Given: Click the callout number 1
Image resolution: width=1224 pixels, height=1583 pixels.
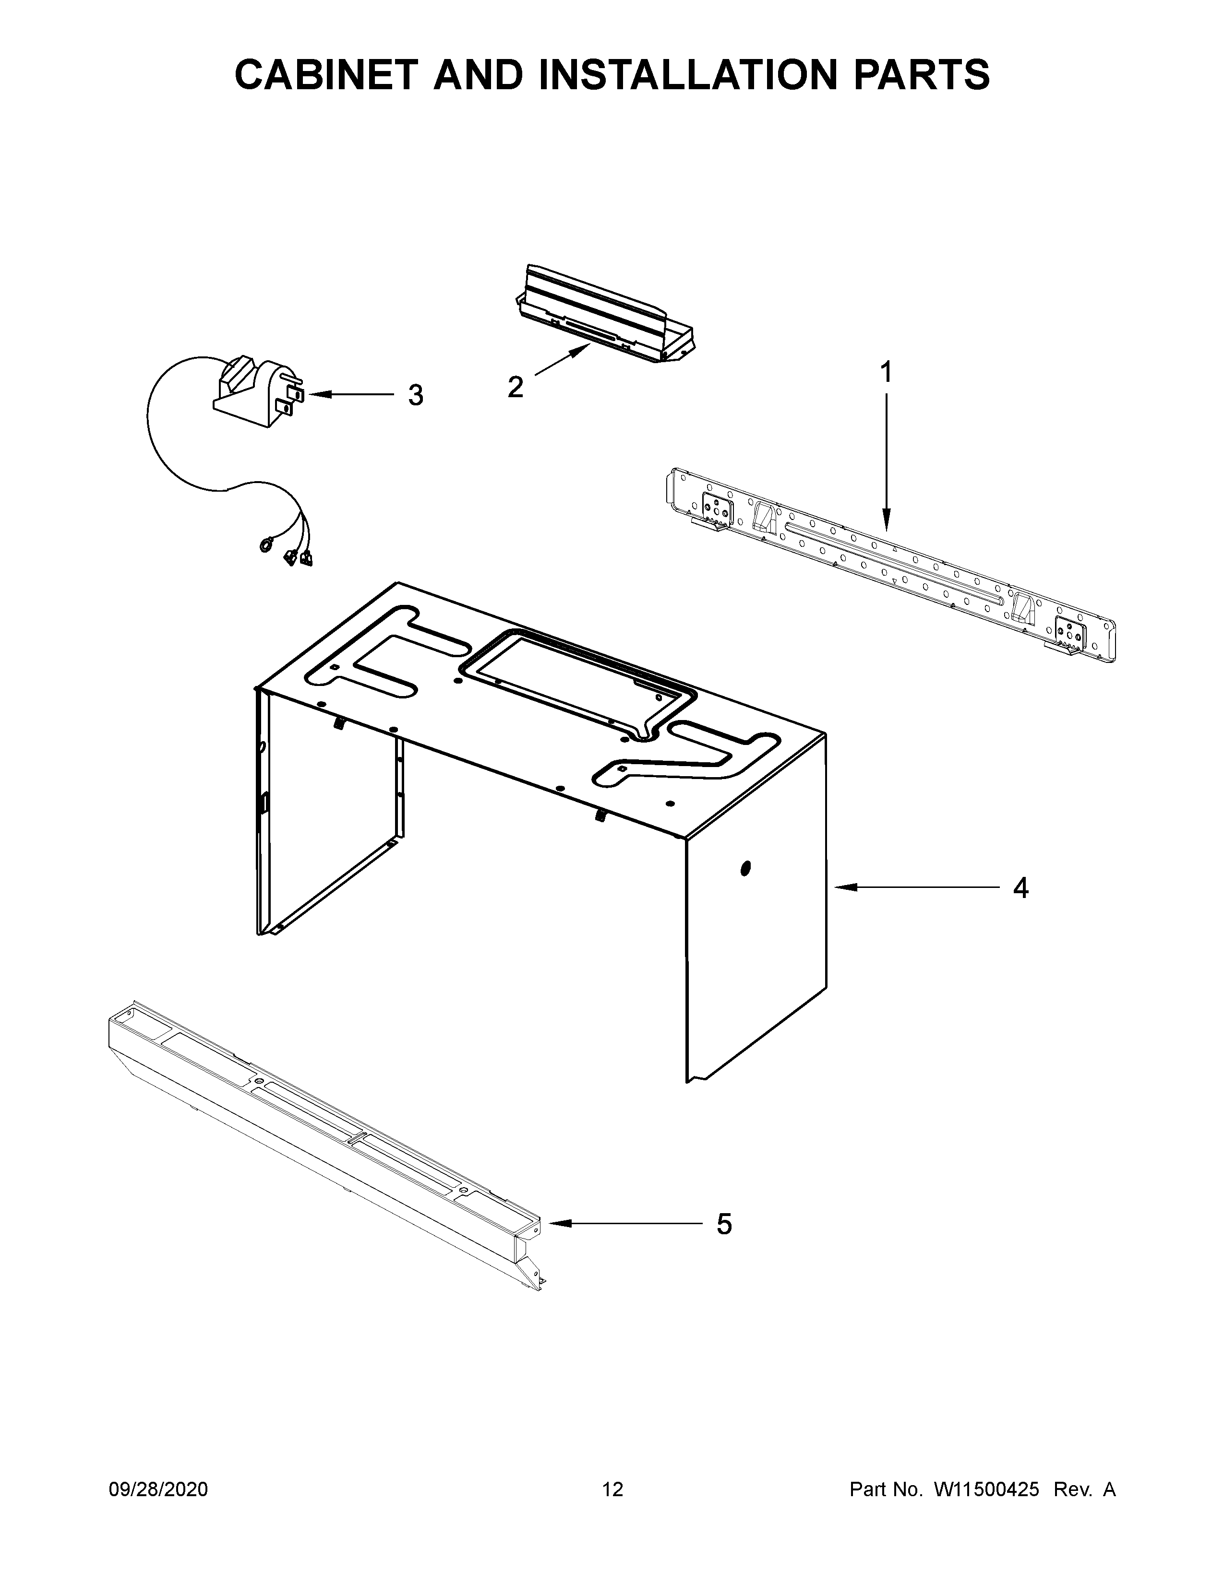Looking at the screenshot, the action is click(x=886, y=373).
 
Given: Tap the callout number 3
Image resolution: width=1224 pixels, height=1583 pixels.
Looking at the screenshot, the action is click(x=415, y=395).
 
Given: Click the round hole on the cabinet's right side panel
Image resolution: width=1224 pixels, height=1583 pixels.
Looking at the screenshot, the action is click(x=746, y=868).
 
